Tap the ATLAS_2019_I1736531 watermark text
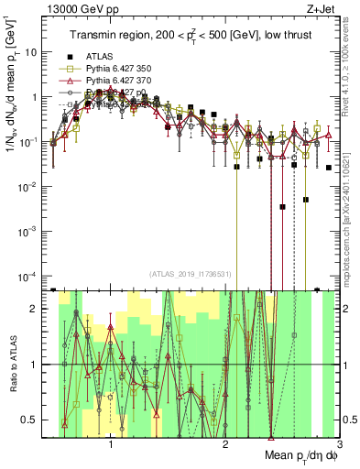coord(191,274)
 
